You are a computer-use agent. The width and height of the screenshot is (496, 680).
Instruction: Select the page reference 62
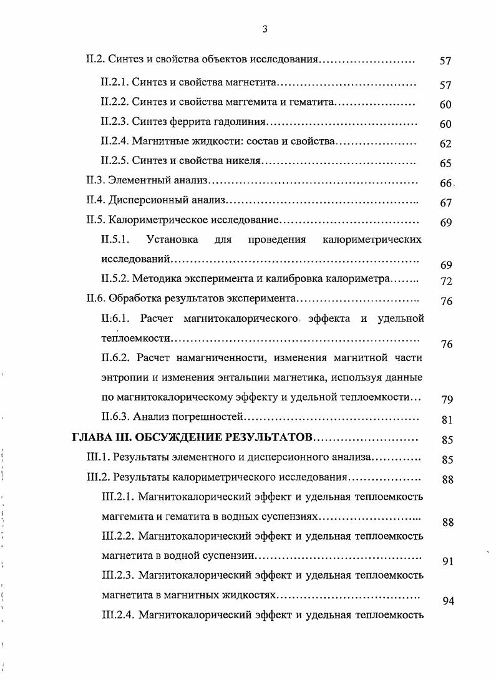[445, 144]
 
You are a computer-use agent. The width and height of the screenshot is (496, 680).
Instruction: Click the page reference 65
[445, 164]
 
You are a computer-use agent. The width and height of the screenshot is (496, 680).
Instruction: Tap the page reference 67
[445, 203]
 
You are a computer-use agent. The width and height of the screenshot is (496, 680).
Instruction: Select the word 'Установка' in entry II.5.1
[172, 240]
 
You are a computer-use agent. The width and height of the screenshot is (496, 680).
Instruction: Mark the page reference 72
[445, 281]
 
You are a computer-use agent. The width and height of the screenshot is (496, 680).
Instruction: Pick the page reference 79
[445, 399]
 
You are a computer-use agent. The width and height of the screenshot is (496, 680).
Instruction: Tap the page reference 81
[445, 420]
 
